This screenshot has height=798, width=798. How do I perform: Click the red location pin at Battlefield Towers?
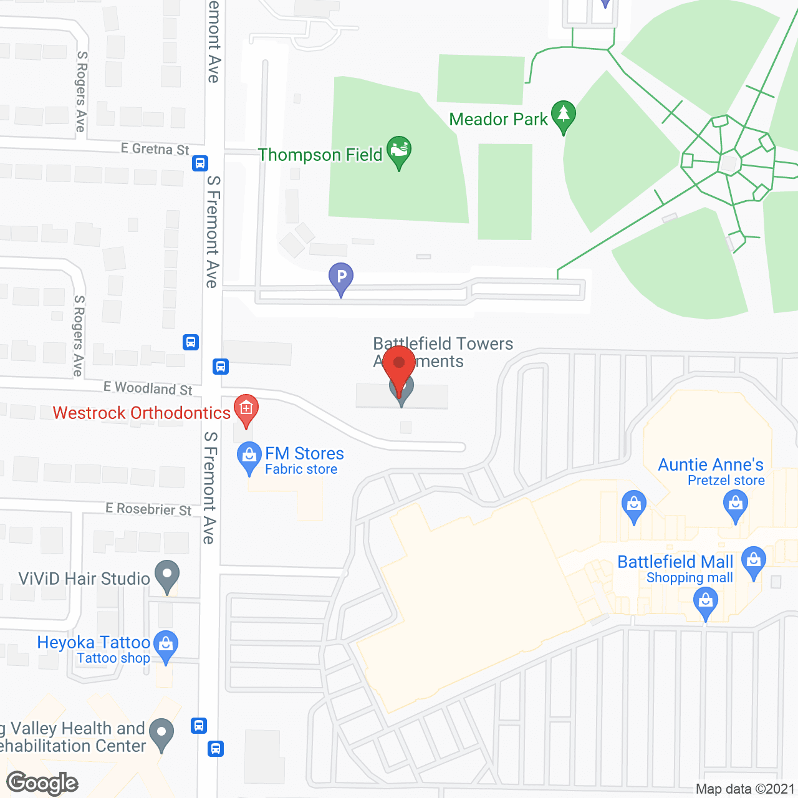399,364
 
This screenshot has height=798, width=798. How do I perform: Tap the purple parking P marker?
341,276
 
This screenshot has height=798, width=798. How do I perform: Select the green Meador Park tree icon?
564,115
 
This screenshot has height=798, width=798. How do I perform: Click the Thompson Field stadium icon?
399,150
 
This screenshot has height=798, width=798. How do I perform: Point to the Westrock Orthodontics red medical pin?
246,409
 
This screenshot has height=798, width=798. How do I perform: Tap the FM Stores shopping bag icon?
249,456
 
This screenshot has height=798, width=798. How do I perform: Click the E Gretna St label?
155,149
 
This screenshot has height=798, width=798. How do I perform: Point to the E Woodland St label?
148,388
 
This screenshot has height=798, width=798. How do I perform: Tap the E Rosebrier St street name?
148,509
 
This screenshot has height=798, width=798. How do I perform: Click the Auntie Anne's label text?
711,465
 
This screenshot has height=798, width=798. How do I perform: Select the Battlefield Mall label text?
675,562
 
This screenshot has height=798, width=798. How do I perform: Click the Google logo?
42,783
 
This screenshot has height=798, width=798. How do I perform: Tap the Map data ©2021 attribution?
745,789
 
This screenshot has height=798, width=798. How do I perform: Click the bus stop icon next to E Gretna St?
199,163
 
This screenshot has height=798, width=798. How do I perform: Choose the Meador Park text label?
498,119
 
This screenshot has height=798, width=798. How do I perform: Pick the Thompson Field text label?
320,155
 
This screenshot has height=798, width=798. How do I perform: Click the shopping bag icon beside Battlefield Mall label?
754,561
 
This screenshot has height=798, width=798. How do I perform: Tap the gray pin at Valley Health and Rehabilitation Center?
162,733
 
